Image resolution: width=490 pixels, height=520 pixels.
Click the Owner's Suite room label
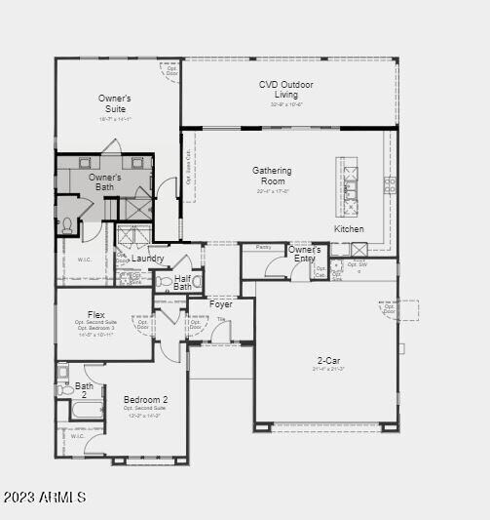115,103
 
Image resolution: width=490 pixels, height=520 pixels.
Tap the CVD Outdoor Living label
286,90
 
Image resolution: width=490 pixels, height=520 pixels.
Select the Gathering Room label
272,176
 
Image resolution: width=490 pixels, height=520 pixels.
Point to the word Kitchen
349,229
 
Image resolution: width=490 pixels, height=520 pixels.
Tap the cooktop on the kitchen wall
390,184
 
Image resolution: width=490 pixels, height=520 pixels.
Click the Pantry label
263,248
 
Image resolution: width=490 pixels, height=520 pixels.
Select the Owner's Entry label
304,254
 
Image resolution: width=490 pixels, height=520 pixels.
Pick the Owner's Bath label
105,181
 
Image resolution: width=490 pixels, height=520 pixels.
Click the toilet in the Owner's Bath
67,225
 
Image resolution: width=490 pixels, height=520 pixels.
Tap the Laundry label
148,259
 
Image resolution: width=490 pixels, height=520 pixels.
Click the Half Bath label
182,283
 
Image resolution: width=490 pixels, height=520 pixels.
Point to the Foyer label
221,304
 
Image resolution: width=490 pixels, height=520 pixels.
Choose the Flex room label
95,315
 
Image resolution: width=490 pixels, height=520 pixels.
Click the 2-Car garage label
327,360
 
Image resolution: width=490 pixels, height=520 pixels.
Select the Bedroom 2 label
145,400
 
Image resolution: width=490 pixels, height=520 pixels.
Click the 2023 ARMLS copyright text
45,498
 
